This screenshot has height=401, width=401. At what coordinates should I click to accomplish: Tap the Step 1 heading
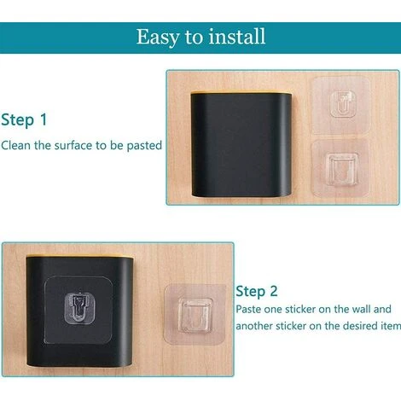24,119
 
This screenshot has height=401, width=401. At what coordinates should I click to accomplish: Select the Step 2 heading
256,292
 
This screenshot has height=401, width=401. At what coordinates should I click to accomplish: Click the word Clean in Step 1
15,145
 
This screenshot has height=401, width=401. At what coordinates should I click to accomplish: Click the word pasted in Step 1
144,146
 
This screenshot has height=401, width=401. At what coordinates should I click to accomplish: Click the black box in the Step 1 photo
241,145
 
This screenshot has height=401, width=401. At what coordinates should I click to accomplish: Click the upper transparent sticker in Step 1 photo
340,105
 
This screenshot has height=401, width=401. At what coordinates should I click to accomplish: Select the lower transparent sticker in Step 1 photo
340,168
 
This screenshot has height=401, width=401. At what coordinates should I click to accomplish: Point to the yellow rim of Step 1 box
241,92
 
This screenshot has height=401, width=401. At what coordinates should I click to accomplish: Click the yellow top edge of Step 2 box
79,256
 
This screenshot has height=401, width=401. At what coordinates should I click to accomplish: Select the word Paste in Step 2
248,309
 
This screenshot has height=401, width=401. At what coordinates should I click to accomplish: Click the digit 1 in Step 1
44,119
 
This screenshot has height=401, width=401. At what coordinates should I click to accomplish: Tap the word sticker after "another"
291,326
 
